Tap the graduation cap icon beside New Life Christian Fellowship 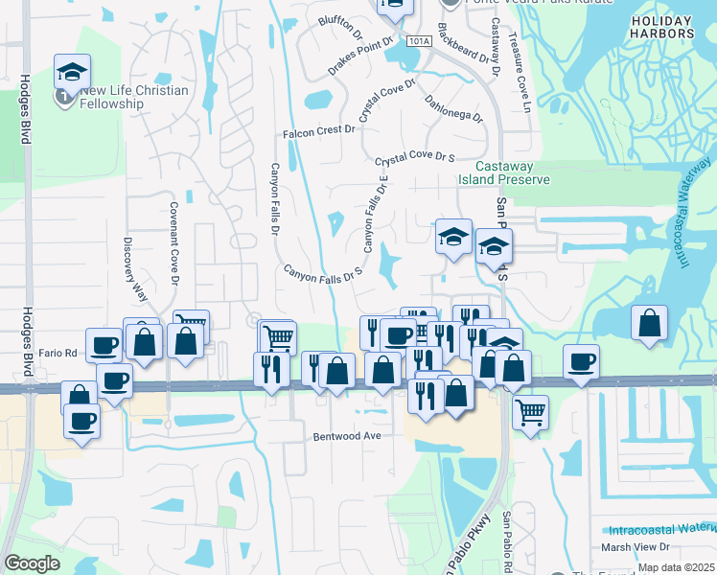click(x=72, y=73)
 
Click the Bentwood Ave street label click(x=347, y=435)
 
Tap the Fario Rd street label click(x=58, y=352)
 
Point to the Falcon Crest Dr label click(x=318, y=131)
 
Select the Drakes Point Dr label click(x=361, y=57)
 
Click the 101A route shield click(x=419, y=41)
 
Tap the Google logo click(x=32, y=563)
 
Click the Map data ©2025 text click(x=676, y=567)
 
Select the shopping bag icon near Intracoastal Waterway click(x=650, y=323)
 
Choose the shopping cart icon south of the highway click(x=530, y=413)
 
